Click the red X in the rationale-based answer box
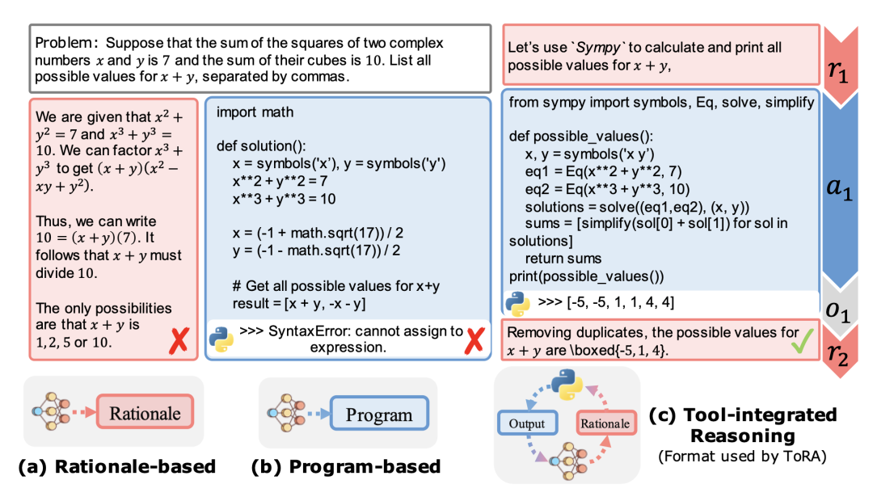pos(179,340)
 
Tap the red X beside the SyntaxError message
pos(474,340)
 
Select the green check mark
pos(802,340)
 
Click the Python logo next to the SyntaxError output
pos(221,339)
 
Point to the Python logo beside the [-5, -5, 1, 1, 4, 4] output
pos(517,303)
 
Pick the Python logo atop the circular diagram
pos(567,385)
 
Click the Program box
pos(379,414)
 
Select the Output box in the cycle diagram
pos(527,423)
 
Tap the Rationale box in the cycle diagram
pos(605,423)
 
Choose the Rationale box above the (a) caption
pos(145,412)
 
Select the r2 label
pos(837,354)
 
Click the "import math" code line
pos(255,112)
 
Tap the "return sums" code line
pos(563,259)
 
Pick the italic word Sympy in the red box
pos(598,48)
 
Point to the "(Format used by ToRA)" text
pos(742,457)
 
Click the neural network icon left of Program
pos(285,413)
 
